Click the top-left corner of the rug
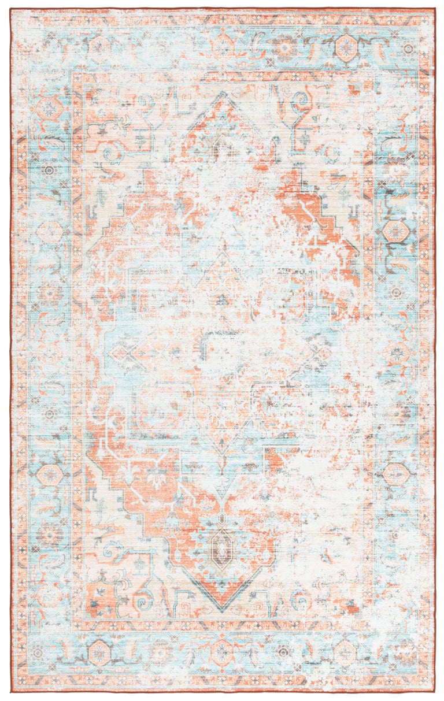click(x=10, y=9)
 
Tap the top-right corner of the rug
click(x=435, y=9)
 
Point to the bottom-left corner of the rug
click(x=10, y=693)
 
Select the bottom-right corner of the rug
click(x=435, y=693)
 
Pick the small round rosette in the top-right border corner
click(x=409, y=49)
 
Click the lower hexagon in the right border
click(x=397, y=474)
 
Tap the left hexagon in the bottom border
click(x=99, y=653)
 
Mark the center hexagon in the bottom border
click(x=222, y=653)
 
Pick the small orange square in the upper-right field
click(x=352, y=89)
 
